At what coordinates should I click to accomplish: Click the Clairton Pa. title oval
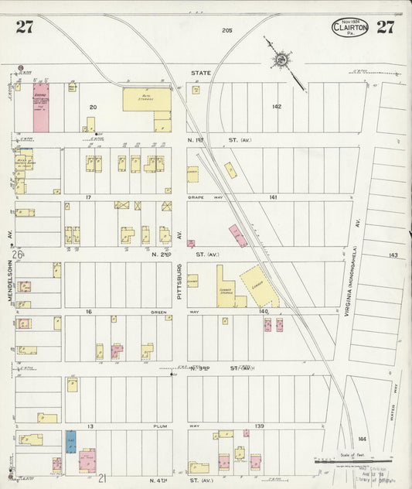[350, 28]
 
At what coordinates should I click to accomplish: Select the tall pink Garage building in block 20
[40, 107]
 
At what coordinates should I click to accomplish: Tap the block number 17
[89, 197]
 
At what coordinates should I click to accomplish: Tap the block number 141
[273, 198]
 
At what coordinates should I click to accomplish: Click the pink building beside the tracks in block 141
[238, 235]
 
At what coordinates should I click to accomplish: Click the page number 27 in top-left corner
[24, 27]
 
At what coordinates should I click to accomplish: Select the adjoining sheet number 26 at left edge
[17, 254]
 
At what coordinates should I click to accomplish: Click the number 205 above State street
[226, 30]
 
